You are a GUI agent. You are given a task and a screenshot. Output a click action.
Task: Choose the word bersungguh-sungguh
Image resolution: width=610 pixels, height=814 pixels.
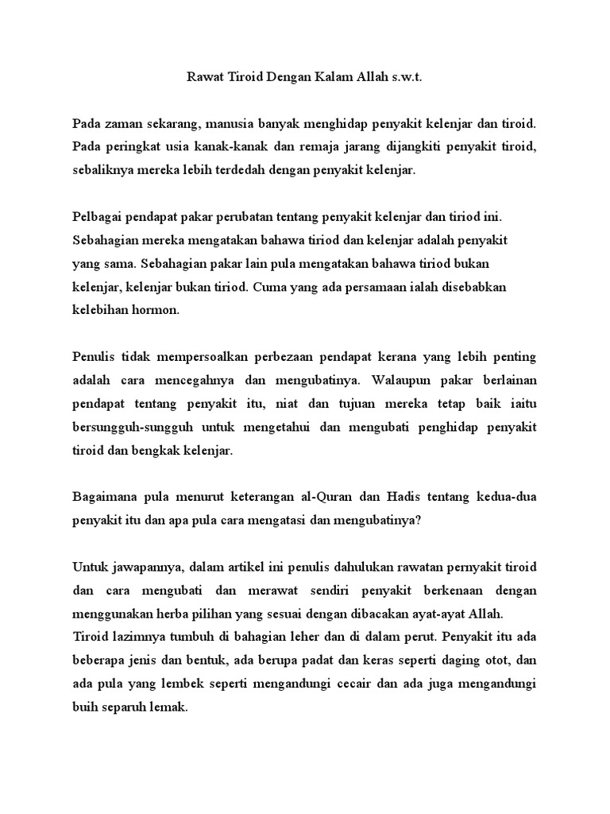tap(133, 427)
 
